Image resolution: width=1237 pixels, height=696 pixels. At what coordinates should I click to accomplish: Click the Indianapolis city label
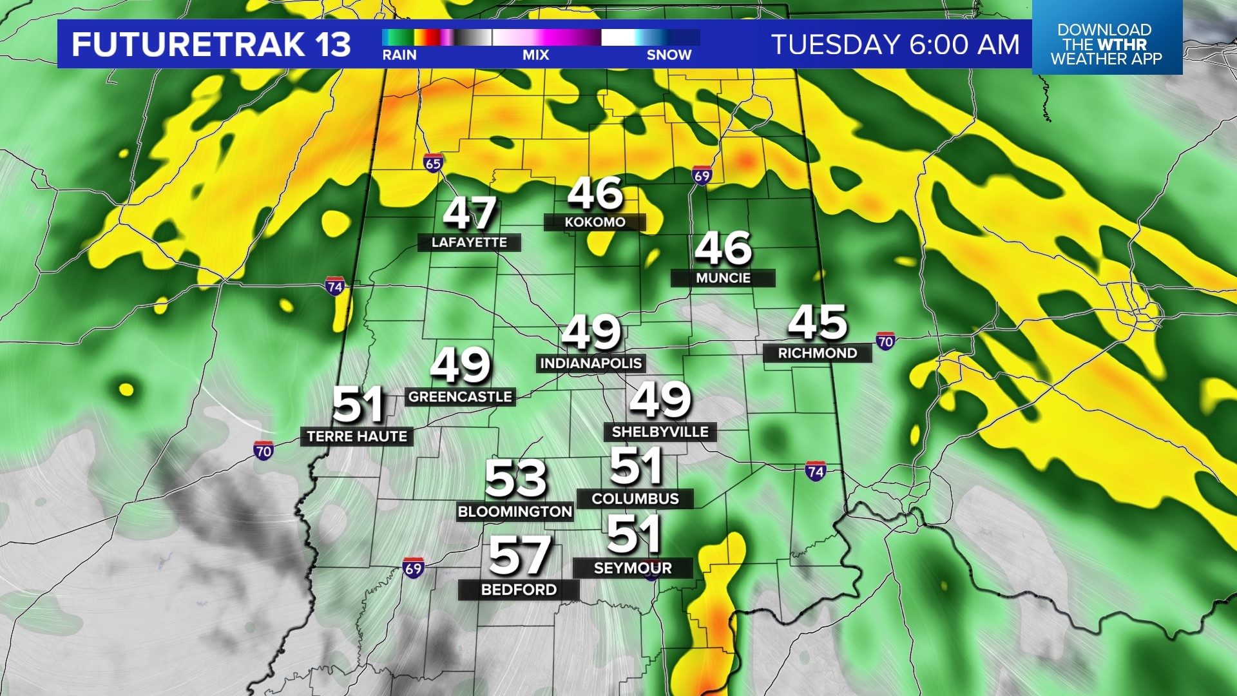[591, 363]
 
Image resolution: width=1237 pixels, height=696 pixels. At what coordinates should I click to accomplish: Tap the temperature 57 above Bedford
[519, 556]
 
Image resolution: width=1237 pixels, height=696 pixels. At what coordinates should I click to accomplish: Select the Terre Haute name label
[357, 436]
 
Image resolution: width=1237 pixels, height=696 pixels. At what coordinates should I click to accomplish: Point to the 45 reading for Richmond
[817, 322]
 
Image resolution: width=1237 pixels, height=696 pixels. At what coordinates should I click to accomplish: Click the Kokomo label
[595, 222]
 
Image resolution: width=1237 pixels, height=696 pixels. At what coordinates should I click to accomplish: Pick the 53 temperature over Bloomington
[515, 479]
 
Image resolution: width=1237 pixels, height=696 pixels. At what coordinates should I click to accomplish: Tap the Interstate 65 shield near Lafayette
[434, 164]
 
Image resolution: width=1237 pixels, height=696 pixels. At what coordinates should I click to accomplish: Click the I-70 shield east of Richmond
[885, 342]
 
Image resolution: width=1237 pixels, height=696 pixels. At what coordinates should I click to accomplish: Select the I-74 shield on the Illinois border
[334, 287]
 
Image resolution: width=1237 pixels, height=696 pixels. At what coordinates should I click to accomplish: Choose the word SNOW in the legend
[669, 55]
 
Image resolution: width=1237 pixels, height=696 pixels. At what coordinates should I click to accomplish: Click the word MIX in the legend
[535, 55]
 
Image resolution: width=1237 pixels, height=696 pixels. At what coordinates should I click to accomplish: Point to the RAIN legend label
[399, 55]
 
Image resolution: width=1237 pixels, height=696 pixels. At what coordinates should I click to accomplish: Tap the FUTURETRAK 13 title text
[211, 44]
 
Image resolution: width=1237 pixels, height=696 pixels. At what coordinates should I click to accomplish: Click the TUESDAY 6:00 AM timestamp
[896, 44]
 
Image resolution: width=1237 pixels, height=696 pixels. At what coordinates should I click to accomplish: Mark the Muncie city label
[723, 278]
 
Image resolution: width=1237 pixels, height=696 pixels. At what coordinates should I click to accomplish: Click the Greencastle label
[460, 397]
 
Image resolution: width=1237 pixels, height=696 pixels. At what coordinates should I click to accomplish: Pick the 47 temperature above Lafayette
[470, 213]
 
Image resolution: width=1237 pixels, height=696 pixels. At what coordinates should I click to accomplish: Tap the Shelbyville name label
[660, 432]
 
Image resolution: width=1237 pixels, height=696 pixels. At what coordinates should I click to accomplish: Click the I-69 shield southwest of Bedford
[413, 568]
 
